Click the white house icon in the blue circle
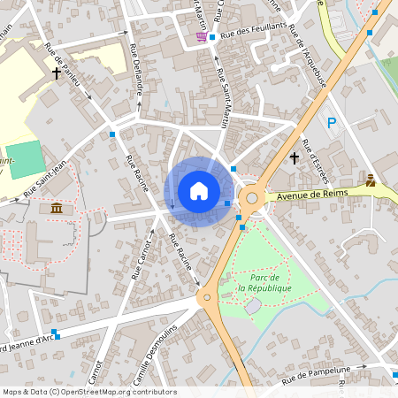[199, 190]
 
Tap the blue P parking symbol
[333, 123]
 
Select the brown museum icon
[57, 208]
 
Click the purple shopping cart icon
[201, 37]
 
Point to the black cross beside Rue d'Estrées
[295, 157]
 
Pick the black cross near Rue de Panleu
[57, 73]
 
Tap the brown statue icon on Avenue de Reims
[370, 180]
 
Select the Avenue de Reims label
[307, 195]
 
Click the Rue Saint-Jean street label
[46, 180]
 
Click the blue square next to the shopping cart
[212, 37]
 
